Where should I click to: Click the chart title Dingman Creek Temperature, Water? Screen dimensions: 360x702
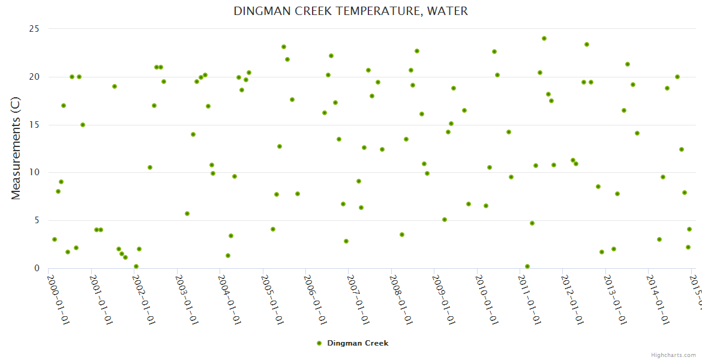tap(350, 11)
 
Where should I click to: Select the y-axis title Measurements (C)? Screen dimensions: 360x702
tap(16, 149)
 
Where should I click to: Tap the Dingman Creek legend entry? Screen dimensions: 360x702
tap(353, 343)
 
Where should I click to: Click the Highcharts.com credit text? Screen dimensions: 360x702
tap(673, 355)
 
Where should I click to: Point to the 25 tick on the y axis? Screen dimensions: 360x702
tap(34, 29)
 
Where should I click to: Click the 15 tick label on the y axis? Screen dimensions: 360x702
tap(34, 125)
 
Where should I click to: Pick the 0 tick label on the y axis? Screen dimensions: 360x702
tap(37, 268)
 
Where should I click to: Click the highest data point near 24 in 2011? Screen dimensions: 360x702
tap(544, 38)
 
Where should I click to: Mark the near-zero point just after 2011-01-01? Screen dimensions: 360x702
tap(527, 266)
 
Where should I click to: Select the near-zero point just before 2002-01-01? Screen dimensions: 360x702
tap(136, 266)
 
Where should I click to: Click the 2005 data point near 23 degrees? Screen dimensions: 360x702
tap(284, 47)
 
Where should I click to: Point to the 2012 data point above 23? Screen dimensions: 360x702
tap(587, 44)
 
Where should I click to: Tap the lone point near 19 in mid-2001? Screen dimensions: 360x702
tap(115, 86)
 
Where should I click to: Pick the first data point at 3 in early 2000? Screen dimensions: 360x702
tap(55, 239)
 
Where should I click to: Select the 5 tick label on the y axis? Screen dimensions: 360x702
tap(37, 220)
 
